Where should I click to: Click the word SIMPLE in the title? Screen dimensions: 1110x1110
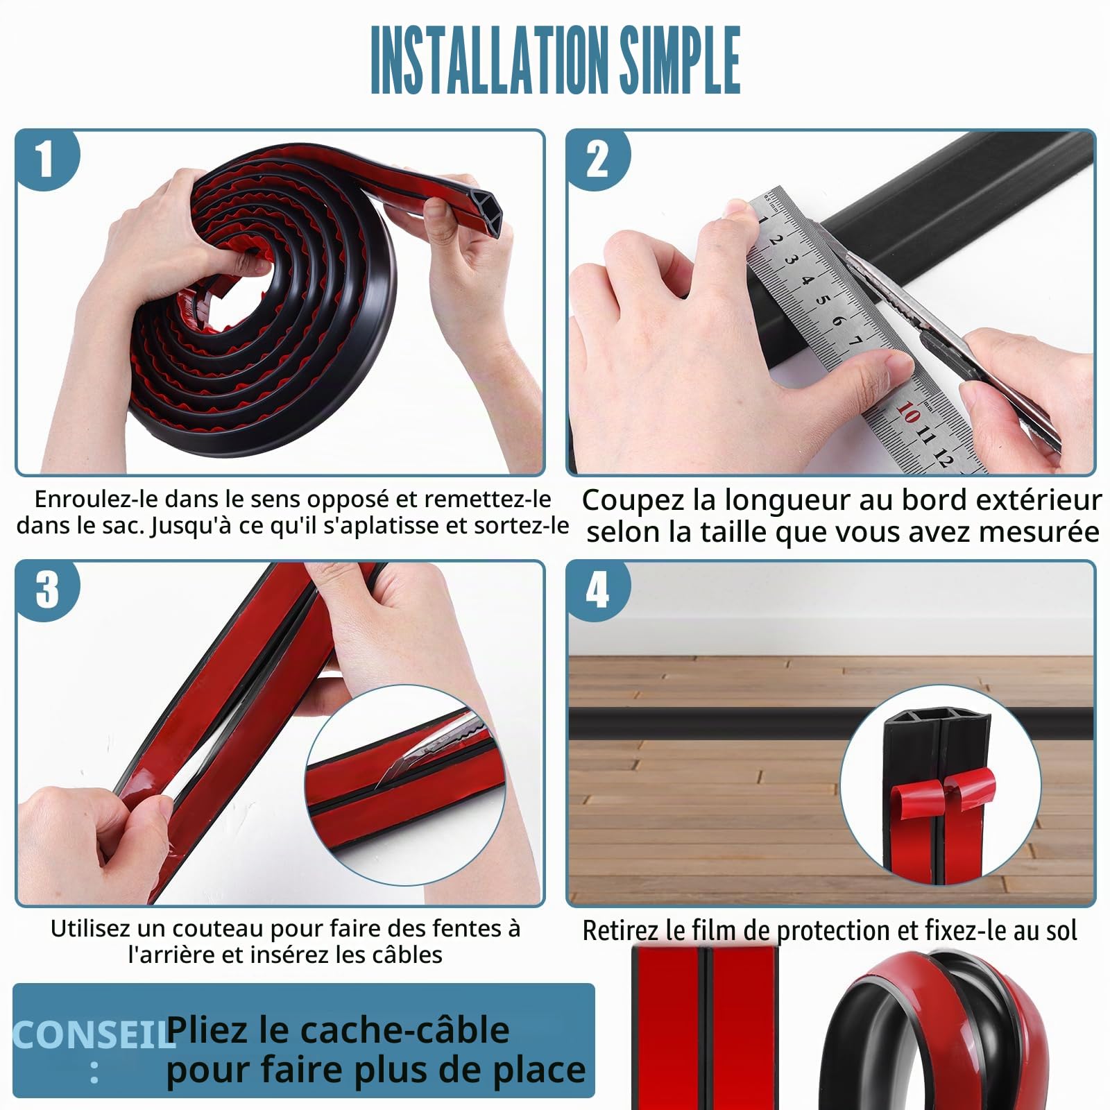[680, 60]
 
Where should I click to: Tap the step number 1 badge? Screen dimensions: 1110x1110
[46, 159]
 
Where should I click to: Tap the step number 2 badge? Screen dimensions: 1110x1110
[597, 159]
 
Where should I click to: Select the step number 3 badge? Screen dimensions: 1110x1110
[46, 590]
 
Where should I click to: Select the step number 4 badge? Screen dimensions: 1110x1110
[597, 590]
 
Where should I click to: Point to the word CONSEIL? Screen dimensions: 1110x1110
[94, 1036]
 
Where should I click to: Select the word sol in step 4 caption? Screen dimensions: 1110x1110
[1061, 930]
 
